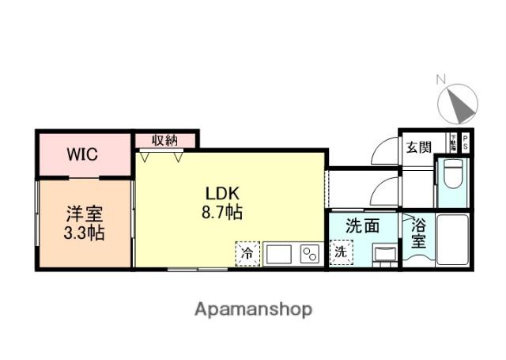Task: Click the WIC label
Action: click(82, 154)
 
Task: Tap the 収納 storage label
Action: click(165, 140)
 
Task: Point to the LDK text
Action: click(223, 193)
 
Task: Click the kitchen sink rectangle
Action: click(278, 255)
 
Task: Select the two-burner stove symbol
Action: click(308, 255)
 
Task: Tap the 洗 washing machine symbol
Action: click(339, 254)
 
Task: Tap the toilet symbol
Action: click(452, 175)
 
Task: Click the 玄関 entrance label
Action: click(418, 147)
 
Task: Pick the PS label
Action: click(465, 142)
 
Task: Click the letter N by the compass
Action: click(442, 78)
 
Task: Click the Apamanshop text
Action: click(254, 309)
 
